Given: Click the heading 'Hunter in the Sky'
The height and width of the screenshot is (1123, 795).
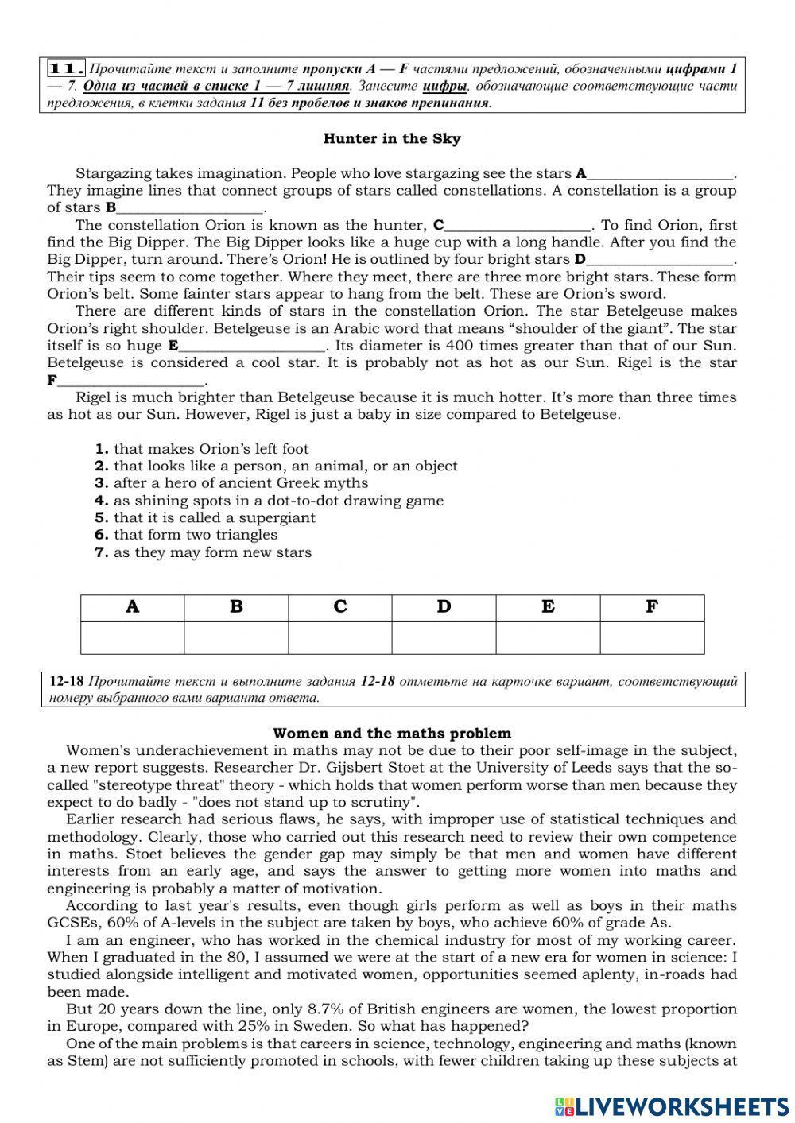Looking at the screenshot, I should click(392, 139).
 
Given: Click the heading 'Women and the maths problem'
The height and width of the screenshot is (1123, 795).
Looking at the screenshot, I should click(392, 734).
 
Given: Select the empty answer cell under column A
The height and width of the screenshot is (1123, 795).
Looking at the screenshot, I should click(132, 637).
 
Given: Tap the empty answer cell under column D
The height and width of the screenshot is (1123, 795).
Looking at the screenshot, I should click(444, 637).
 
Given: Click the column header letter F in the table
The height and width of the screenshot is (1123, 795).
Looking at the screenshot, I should click(652, 607).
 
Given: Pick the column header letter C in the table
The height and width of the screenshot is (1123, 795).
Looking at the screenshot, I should click(340, 607).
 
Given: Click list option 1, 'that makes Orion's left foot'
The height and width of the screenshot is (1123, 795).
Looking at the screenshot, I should click(202, 449).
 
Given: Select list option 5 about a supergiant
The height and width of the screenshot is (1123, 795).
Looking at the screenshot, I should click(205, 517).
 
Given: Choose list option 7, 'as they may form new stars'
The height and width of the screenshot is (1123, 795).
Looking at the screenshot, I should click(204, 552).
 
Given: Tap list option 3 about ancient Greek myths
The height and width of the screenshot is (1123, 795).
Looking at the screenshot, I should click(231, 483).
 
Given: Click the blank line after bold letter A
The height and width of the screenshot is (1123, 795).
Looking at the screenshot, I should click(660, 176).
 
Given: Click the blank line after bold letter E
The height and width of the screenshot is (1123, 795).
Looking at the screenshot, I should click(252, 349).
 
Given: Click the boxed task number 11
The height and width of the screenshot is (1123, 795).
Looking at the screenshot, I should click(67, 69).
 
